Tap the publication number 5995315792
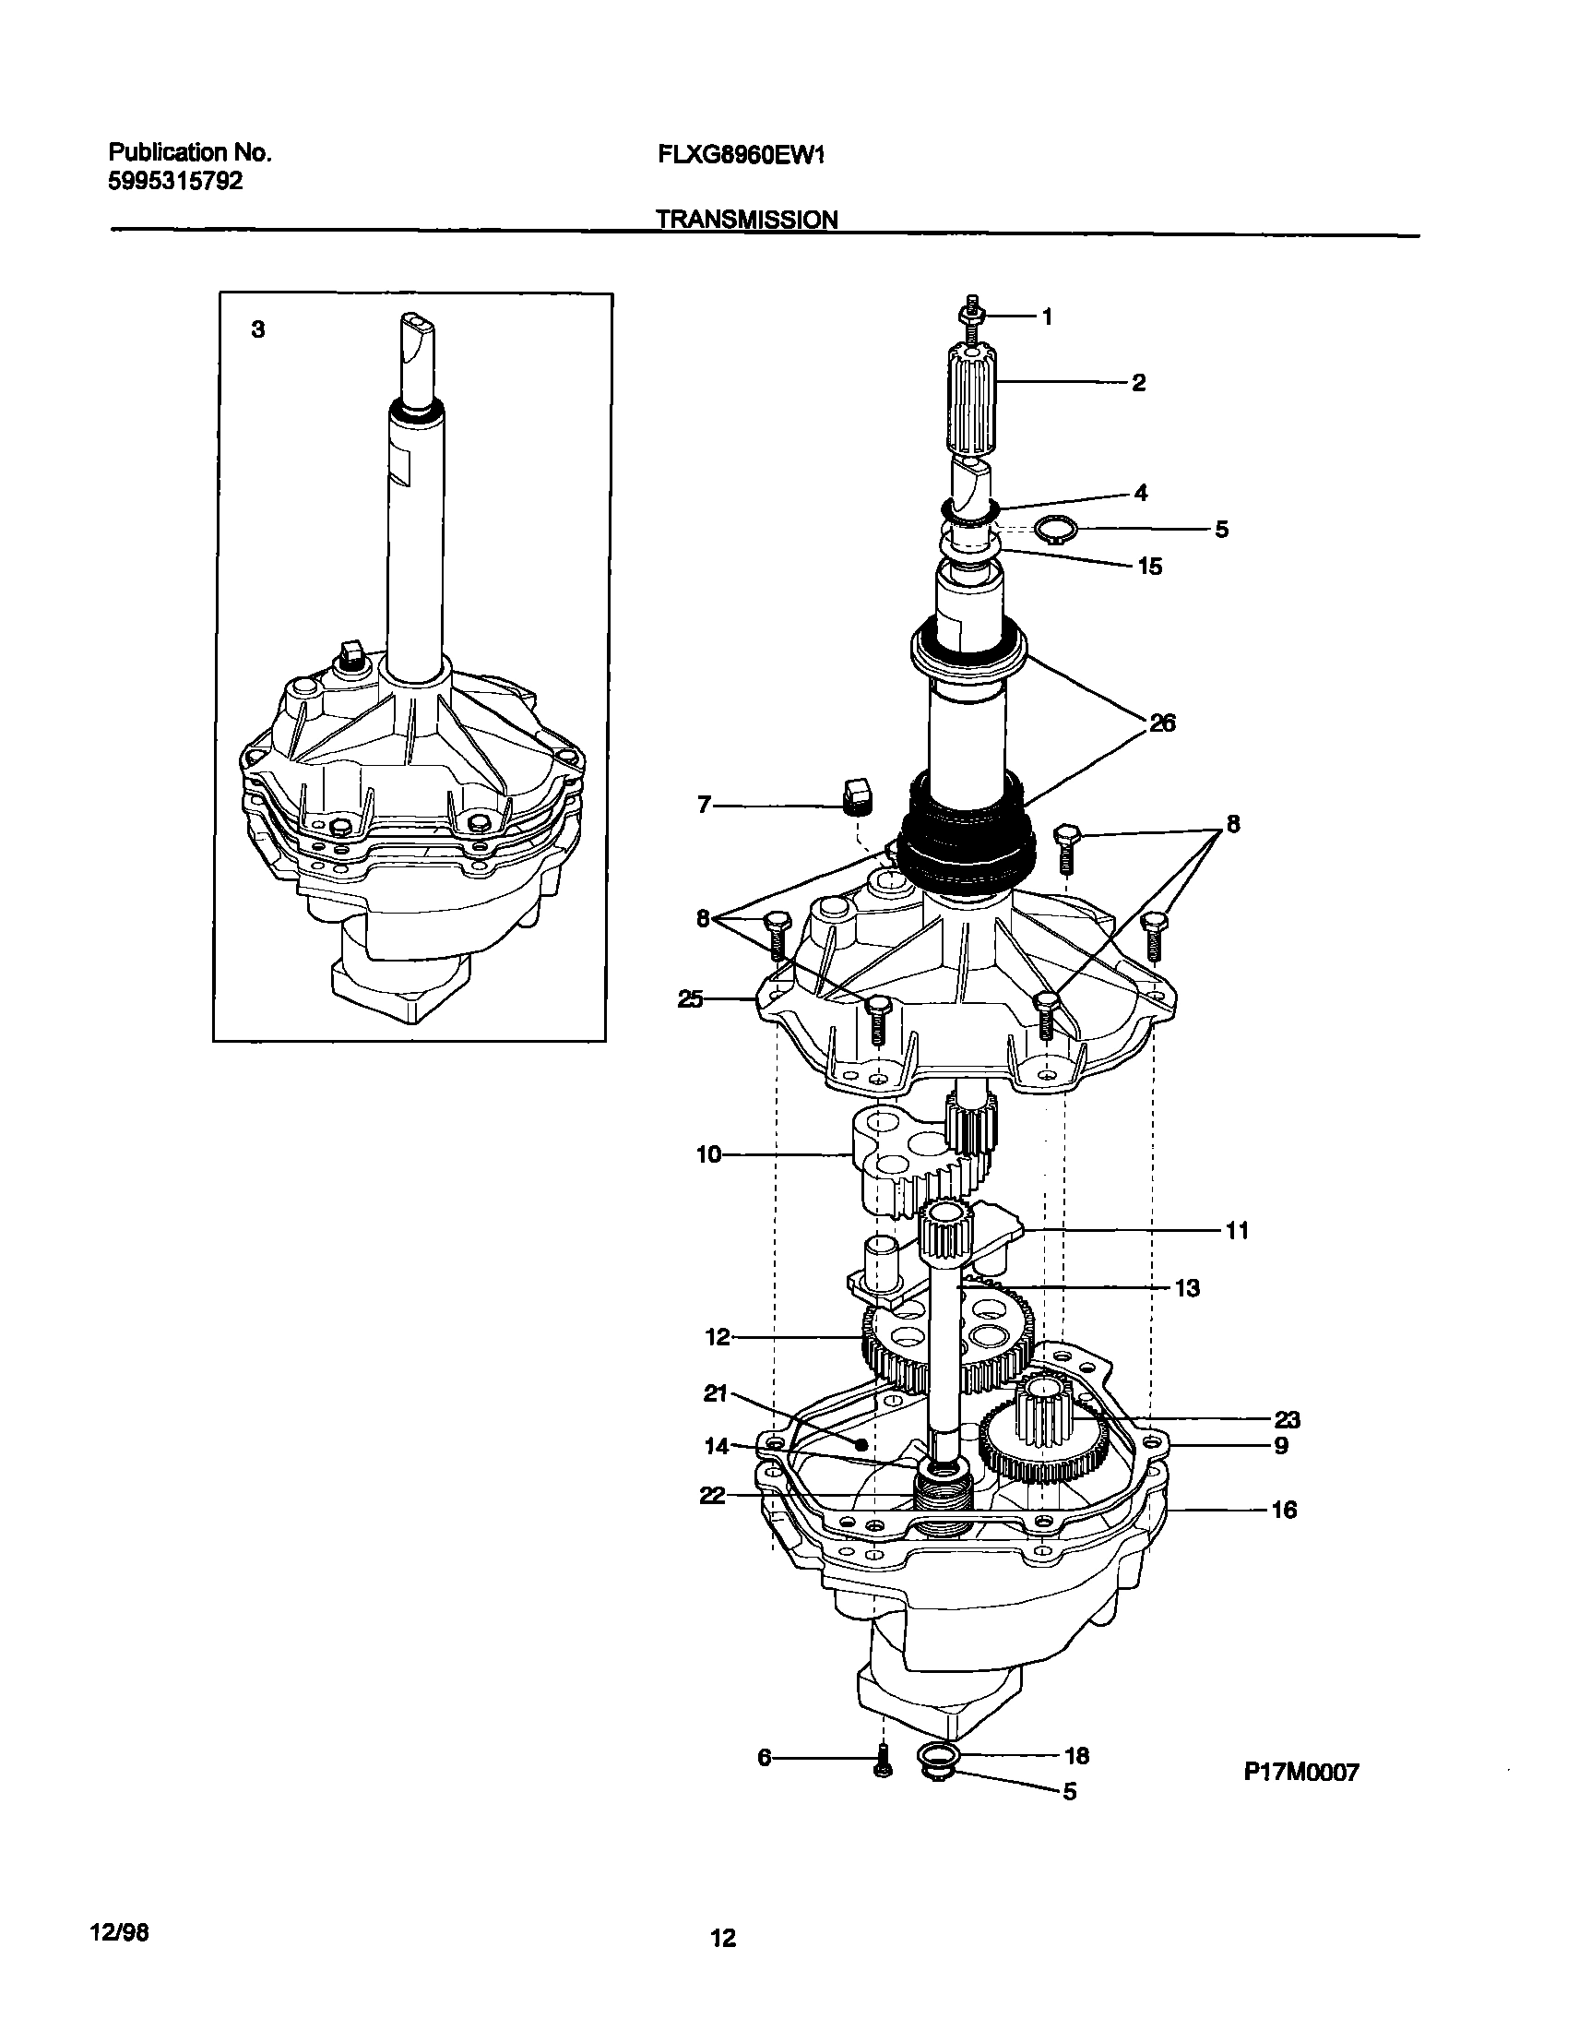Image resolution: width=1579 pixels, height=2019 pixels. (175, 181)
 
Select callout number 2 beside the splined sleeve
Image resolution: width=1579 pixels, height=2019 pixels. (1139, 382)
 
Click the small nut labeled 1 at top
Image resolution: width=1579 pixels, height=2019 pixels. (969, 317)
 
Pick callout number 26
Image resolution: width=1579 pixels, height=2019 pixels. (1162, 723)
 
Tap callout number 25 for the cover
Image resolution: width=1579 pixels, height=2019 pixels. (691, 998)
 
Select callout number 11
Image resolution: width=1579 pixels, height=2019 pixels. (1237, 1230)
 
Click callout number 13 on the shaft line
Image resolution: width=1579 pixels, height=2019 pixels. (1187, 1287)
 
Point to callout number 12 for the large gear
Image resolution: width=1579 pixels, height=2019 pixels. (718, 1337)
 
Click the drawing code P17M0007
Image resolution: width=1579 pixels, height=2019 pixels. (1300, 1772)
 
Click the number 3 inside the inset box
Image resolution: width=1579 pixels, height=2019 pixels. (258, 329)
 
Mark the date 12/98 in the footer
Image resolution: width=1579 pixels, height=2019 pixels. (119, 1932)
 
